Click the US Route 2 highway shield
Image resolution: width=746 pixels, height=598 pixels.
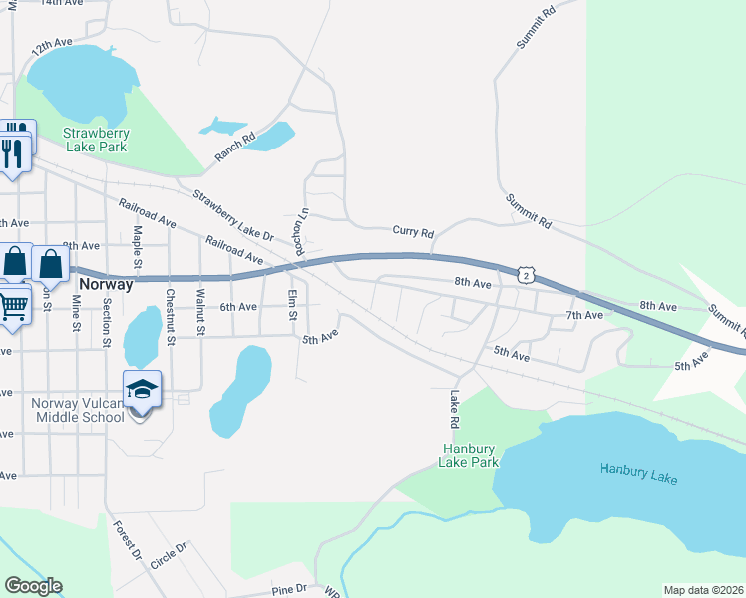tap(526, 273)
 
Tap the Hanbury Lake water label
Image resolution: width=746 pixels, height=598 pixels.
tap(638, 473)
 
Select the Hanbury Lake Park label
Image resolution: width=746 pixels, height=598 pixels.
tap(470, 455)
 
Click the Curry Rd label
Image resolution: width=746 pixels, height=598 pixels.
tap(414, 232)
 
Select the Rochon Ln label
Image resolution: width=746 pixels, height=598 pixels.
tap(297, 231)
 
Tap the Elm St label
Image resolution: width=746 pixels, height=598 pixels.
tap(292, 304)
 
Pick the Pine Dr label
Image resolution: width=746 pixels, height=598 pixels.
tap(290, 590)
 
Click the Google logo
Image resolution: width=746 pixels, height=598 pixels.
tap(33, 586)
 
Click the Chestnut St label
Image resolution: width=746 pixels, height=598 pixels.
tap(171, 311)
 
